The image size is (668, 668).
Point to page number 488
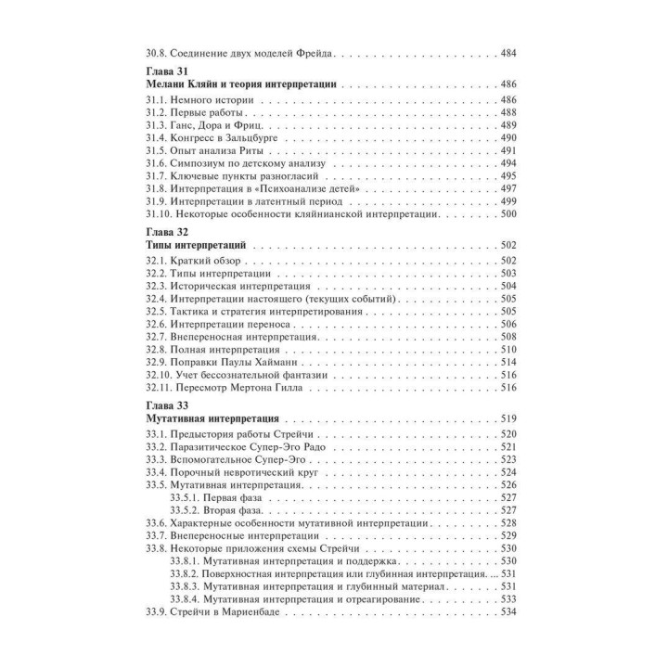[x=508, y=112]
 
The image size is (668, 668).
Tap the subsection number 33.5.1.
[x=187, y=499]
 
